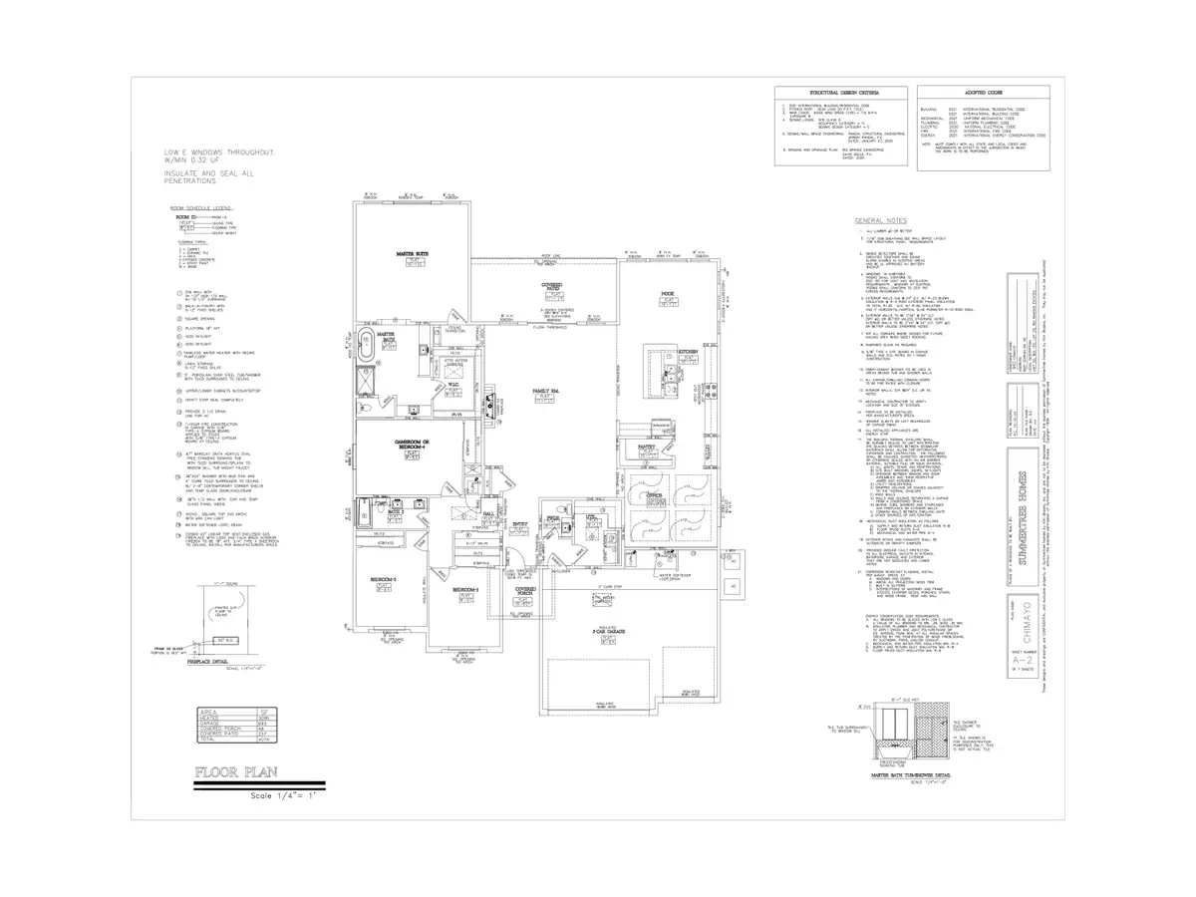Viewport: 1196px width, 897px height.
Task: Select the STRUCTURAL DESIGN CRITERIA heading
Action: [834, 94]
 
